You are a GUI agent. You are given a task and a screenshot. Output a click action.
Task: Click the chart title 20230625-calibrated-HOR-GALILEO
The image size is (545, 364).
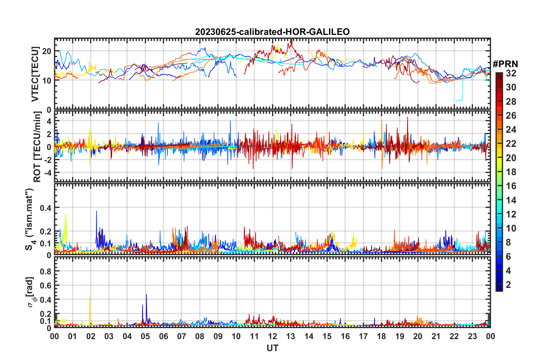click(272, 32)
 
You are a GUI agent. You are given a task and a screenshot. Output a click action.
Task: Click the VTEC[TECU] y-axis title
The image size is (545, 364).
click(35, 74)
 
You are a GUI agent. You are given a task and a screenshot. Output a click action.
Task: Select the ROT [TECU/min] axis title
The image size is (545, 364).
click(37, 147)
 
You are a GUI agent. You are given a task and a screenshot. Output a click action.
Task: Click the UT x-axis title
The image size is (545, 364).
click(272, 348)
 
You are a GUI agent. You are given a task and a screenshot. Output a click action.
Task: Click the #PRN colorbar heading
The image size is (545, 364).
click(505, 64)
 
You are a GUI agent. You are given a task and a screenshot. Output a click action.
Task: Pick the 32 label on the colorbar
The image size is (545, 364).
click(511, 73)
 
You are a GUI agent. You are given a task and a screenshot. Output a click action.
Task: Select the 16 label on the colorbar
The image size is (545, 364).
click(511, 186)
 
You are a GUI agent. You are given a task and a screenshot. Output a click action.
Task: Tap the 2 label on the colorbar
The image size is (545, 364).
click(508, 284)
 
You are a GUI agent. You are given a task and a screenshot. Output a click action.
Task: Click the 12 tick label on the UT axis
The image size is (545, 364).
click(272, 336)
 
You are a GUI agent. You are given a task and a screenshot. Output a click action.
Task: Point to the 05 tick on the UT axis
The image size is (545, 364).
click(145, 336)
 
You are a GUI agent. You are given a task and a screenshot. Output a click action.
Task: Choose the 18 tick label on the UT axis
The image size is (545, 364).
click(381, 336)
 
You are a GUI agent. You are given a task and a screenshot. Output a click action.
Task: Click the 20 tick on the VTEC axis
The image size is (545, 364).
click(47, 52)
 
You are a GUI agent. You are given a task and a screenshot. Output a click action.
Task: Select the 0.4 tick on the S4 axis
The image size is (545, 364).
click(46, 208)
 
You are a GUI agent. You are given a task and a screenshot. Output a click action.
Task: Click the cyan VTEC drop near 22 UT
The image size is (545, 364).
click(462, 92)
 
